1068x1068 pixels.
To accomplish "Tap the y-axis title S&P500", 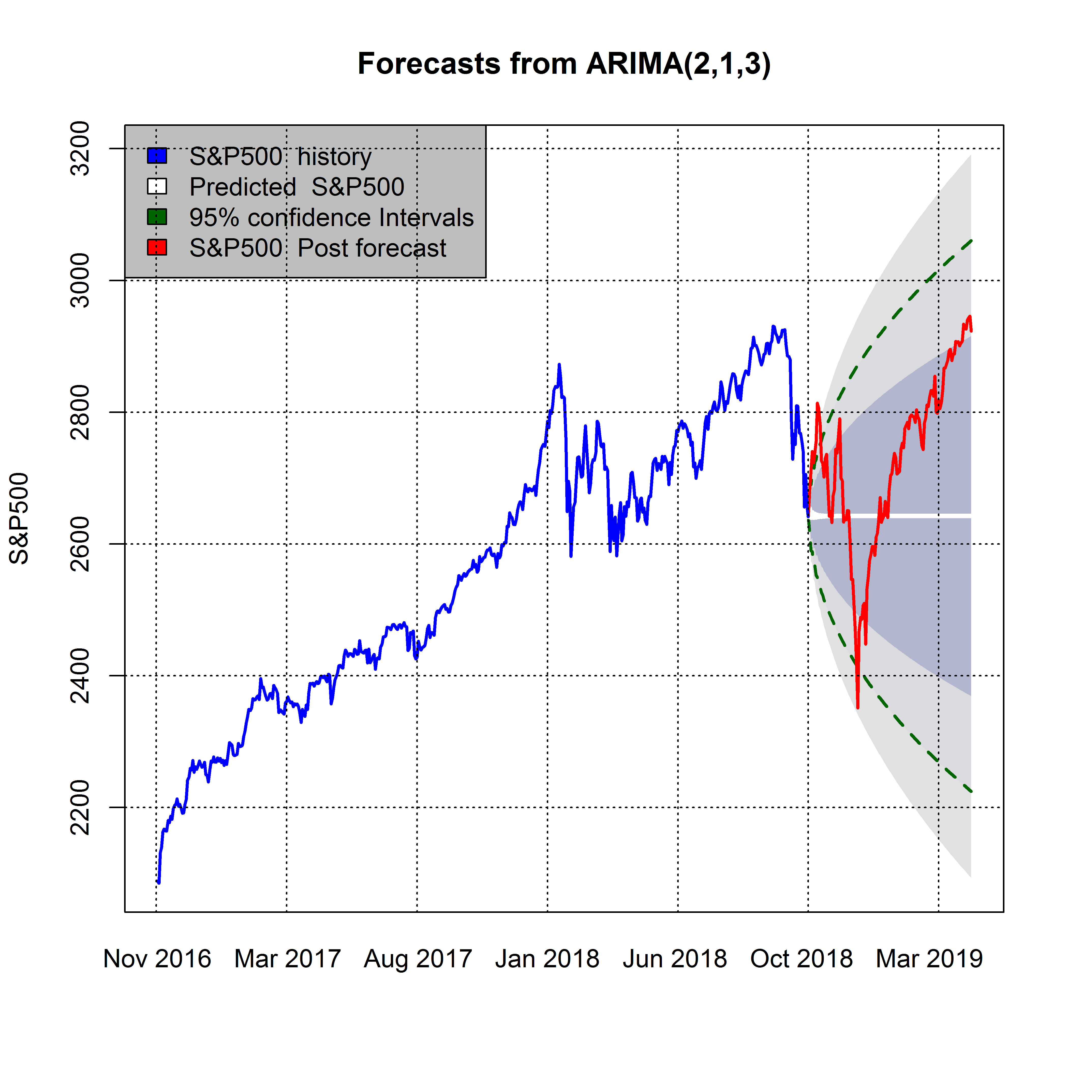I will coord(19,518).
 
